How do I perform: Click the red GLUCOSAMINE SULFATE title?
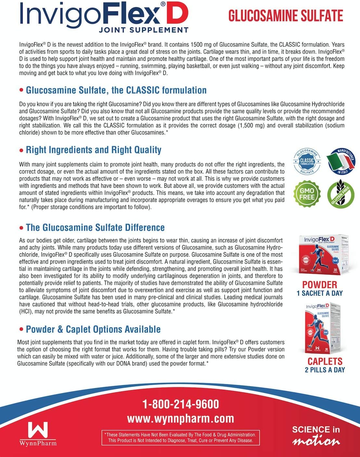pos(286,16)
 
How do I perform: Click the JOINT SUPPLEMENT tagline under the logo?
pos(144,30)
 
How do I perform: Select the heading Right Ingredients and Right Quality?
pos(94,150)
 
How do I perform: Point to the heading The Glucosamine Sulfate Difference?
pos(95,227)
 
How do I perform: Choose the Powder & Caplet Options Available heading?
pos(93,329)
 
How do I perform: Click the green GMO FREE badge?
pos(307,194)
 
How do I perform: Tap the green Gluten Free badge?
pos(340,194)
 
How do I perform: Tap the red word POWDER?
pos(319,285)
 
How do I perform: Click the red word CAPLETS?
pos(325,361)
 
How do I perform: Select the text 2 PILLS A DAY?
pos(325,370)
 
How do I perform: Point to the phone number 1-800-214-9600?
pos(181,404)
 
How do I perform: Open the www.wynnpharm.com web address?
pos(181,418)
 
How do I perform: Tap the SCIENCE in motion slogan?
pos(316,436)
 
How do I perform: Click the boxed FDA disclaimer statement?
pos(180,438)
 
